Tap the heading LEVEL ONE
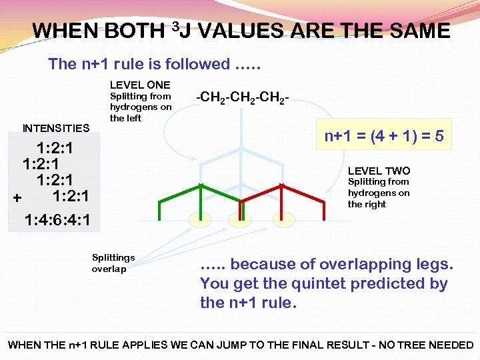click(x=139, y=85)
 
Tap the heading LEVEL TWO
click(x=379, y=171)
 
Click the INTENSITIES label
click(x=56, y=128)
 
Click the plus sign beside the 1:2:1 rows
click(x=17, y=197)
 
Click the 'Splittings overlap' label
click(x=113, y=263)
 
